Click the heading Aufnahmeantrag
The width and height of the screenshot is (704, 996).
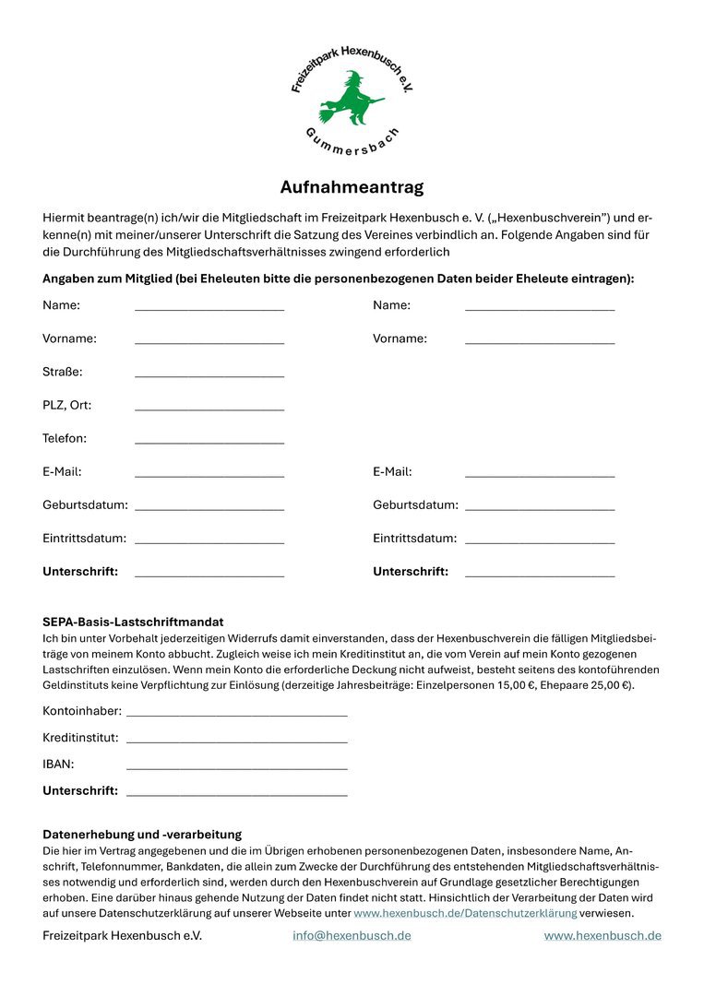click(x=352, y=187)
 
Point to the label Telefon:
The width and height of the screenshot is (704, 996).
click(x=65, y=438)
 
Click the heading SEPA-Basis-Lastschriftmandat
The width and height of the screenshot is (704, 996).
click(x=133, y=622)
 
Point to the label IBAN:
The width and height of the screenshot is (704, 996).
click(x=58, y=764)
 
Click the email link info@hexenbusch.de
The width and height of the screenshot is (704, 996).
click(x=352, y=935)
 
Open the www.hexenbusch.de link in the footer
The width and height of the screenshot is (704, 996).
click(x=603, y=935)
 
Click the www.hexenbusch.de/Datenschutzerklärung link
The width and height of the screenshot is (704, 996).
click(x=465, y=913)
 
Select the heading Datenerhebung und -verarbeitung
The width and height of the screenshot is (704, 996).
click(x=142, y=834)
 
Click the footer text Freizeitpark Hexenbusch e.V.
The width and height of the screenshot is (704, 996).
click(x=122, y=935)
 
